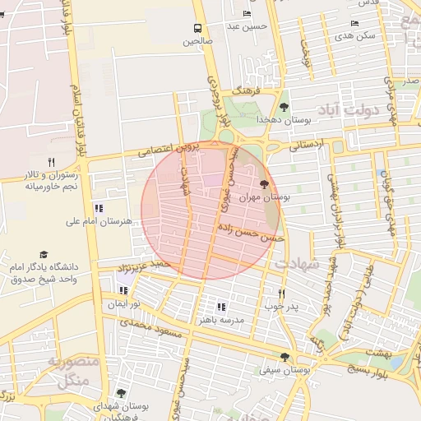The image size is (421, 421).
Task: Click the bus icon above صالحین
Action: point(197,27)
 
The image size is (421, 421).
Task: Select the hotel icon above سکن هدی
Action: point(354,24)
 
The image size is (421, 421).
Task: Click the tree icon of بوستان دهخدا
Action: point(284,106)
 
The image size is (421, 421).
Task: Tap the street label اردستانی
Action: point(307,145)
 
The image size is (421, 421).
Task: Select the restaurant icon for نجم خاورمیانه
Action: point(51,162)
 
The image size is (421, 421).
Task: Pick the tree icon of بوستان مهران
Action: point(263,184)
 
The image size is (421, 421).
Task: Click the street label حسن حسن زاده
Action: point(252,229)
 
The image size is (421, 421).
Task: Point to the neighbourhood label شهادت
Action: point(297,265)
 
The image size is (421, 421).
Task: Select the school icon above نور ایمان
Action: point(124,290)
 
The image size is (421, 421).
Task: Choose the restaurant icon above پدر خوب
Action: point(281,293)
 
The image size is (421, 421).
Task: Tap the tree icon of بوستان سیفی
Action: point(285,357)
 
